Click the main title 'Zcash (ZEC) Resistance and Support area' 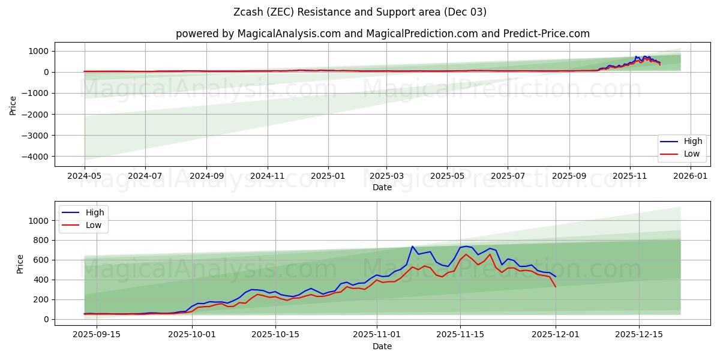click(x=360, y=12)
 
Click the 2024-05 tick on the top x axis click(x=85, y=176)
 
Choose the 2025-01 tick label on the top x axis click(x=328, y=176)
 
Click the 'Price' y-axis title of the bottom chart click(x=20, y=263)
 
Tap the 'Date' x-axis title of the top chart click(x=382, y=187)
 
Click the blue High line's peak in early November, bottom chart click(x=412, y=247)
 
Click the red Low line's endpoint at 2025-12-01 click(x=556, y=287)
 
